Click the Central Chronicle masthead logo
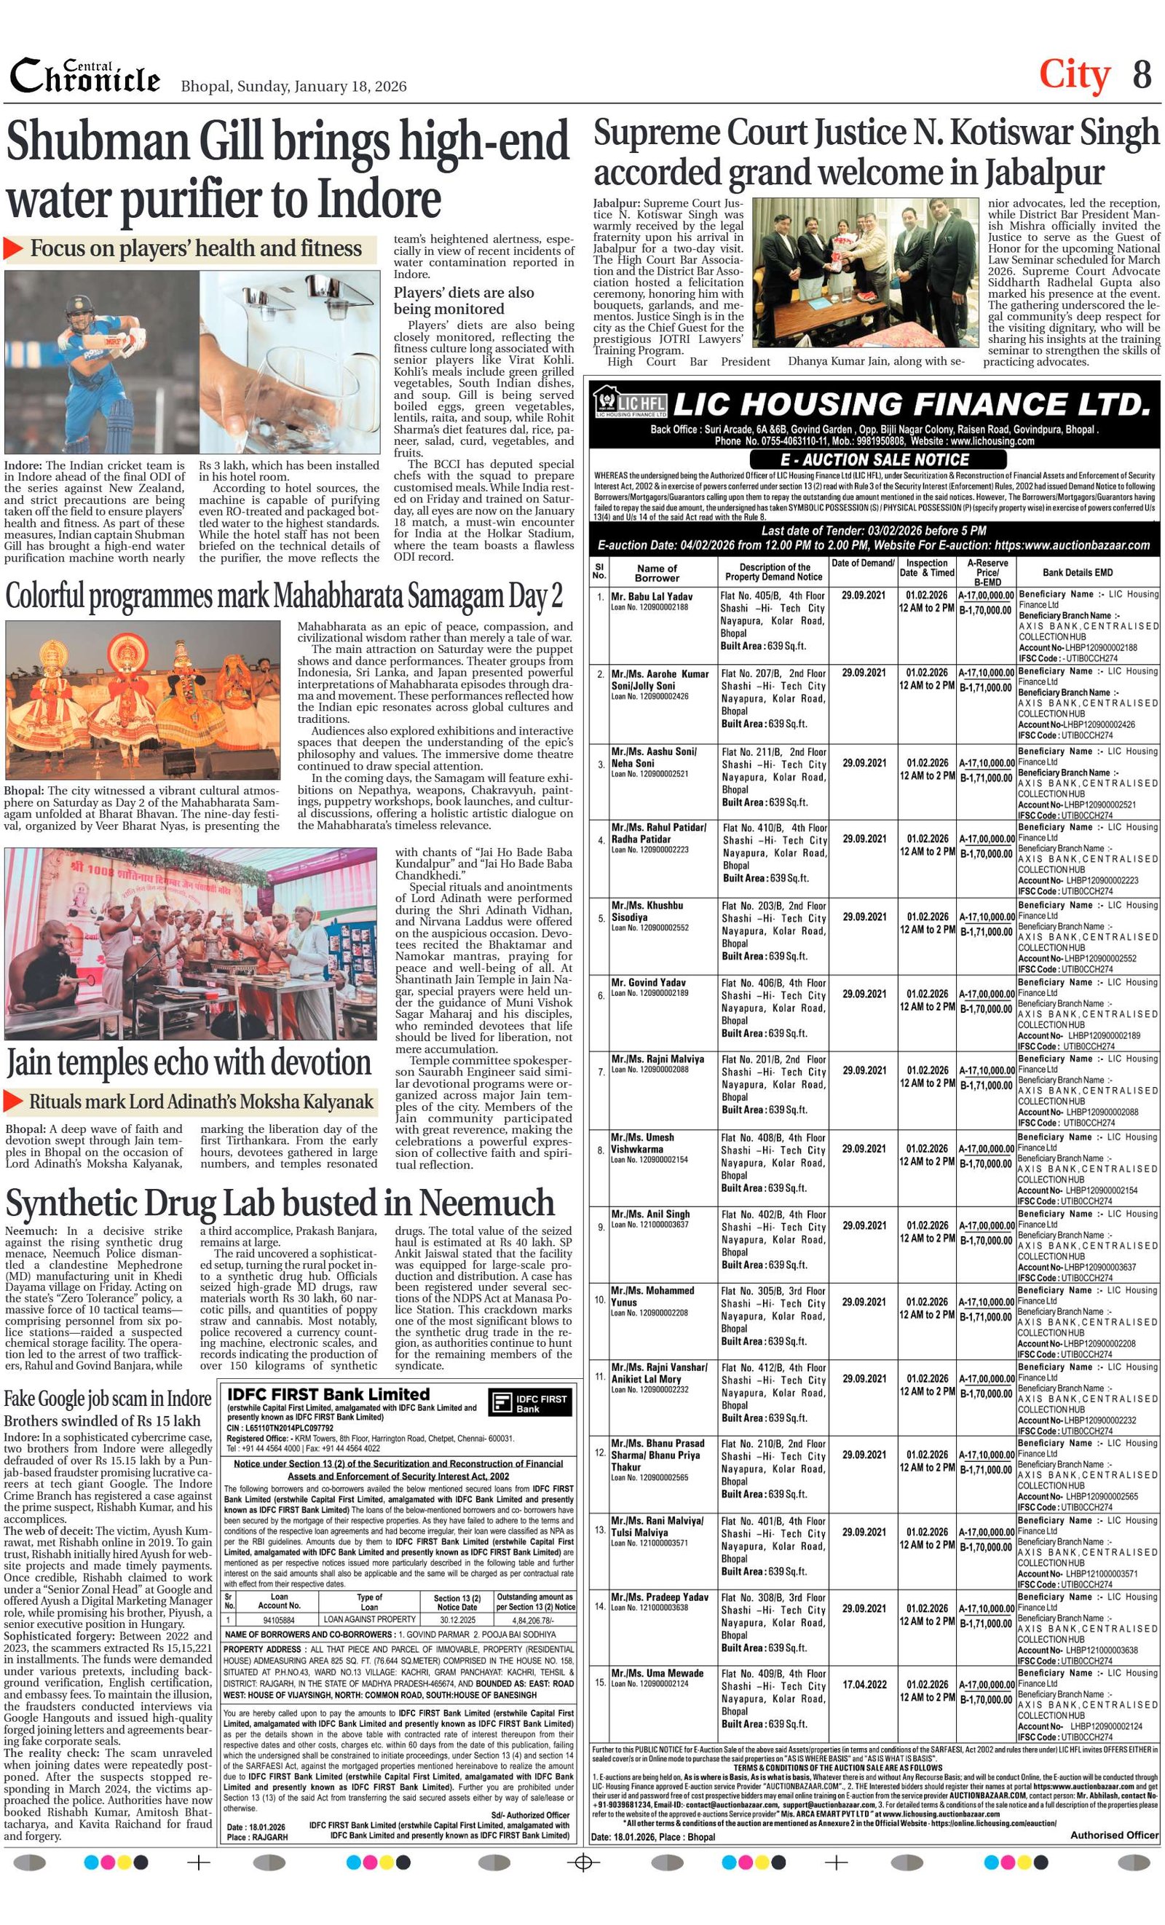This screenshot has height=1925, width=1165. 84,76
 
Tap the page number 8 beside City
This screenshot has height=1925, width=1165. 1142,75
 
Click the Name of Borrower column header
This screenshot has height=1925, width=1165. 656,573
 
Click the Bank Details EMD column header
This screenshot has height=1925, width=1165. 1077,573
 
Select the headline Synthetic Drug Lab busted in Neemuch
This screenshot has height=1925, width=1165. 279,1204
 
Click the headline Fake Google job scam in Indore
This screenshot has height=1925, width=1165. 107,1399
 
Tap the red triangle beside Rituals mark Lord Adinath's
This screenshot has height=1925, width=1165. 14,1101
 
